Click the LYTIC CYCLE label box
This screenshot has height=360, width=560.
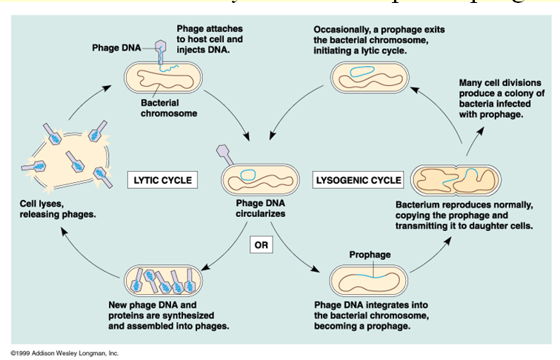tap(163, 180)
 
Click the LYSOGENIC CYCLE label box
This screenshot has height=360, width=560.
tap(359, 180)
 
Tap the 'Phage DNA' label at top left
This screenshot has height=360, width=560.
tap(116, 48)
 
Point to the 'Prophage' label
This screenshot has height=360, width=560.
tap(370, 255)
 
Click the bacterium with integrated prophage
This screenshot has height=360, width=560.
tap(370, 280)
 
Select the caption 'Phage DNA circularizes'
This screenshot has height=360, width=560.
tap(260, 208)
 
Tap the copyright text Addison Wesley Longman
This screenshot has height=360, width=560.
tap(65, 353)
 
